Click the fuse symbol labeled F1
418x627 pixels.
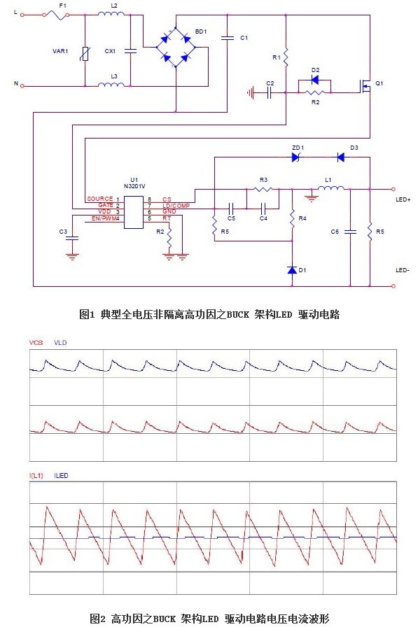57,15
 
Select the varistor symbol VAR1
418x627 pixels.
85,54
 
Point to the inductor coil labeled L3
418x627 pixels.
111,84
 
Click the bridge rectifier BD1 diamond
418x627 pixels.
176,47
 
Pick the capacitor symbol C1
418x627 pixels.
227,38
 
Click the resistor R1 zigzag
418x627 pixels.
286,57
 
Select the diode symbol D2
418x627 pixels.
315,80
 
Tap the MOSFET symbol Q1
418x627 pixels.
365,86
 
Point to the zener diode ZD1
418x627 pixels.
296,157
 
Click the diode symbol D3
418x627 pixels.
341,157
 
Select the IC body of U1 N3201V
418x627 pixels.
134,212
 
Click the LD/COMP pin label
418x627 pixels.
176,206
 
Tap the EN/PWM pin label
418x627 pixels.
104,218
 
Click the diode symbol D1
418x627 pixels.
292,270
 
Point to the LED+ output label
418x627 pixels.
403,199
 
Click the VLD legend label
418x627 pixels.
60,343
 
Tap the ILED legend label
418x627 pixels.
61,475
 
